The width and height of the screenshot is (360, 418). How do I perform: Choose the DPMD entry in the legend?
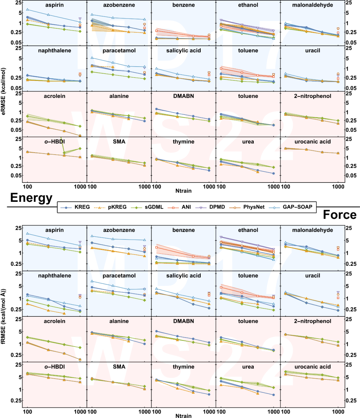(217, 207)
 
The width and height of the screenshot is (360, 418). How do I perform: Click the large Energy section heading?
(31, 198)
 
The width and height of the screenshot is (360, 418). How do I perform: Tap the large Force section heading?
(340, 215)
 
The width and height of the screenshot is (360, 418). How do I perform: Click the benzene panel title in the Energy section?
(184, 5)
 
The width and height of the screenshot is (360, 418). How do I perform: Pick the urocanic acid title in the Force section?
(313, 367)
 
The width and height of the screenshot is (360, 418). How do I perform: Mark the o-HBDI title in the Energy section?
(55, 142)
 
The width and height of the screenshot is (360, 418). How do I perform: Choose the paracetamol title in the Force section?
(119, 276)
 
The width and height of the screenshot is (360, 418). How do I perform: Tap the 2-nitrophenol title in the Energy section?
(313, 96)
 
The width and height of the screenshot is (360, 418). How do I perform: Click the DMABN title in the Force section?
(184, 321)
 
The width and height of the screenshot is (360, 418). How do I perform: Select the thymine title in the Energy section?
(184, 142)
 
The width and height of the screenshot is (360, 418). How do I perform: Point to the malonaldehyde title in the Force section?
(313, 230)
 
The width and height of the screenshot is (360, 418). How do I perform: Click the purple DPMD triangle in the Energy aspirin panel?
(80, 19)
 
